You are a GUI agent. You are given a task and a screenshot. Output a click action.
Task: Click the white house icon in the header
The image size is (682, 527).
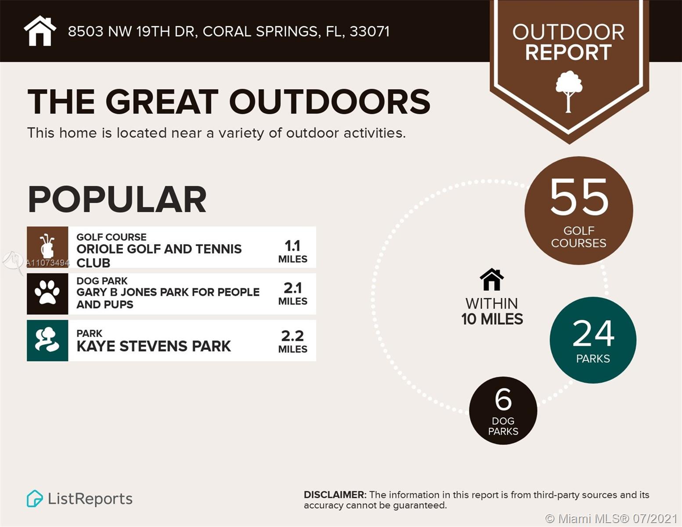click(x=40, y=31)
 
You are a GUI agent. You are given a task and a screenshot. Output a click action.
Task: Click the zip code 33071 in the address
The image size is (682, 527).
click(x=369, y=32)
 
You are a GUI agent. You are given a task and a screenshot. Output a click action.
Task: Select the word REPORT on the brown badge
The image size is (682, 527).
click(x=568, y=53)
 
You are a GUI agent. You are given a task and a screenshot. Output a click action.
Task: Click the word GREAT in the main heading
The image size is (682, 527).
click(x=162, y=102)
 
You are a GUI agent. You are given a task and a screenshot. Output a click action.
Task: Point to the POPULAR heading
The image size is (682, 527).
click(x=117, y=199)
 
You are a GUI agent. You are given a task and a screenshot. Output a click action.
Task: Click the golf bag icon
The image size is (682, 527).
click(x=47, y=247)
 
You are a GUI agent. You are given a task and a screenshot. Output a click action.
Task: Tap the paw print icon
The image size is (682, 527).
click(x=47, y=293)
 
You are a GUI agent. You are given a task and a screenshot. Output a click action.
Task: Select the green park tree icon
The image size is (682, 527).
click(x=47, y=340)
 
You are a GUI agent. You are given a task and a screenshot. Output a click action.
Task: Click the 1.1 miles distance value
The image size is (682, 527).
click(x=292, y=246)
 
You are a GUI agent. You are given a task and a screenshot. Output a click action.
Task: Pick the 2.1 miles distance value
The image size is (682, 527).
click(x=292, y=288)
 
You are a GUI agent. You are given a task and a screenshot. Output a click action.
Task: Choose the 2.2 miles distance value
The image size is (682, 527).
click(x=292, y=336)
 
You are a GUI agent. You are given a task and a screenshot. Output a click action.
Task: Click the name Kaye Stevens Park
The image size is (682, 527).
click(x=153, y=346)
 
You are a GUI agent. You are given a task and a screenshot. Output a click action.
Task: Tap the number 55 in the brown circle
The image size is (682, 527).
click(x=579, y=197)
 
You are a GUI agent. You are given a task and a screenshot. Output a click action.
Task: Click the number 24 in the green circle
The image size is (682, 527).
click(x=593, y=333)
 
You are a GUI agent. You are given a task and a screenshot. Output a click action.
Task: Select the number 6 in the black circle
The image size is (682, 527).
click(x=503, y=399)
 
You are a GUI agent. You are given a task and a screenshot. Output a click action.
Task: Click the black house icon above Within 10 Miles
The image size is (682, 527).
click(x=491, y=279)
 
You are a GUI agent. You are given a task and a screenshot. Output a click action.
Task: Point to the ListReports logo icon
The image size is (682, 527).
click(x=35, y=498)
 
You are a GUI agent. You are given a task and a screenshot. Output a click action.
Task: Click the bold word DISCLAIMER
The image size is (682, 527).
click(x=335, y=495)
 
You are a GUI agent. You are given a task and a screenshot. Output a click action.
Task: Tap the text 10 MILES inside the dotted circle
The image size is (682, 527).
click(x=492, y=319)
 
